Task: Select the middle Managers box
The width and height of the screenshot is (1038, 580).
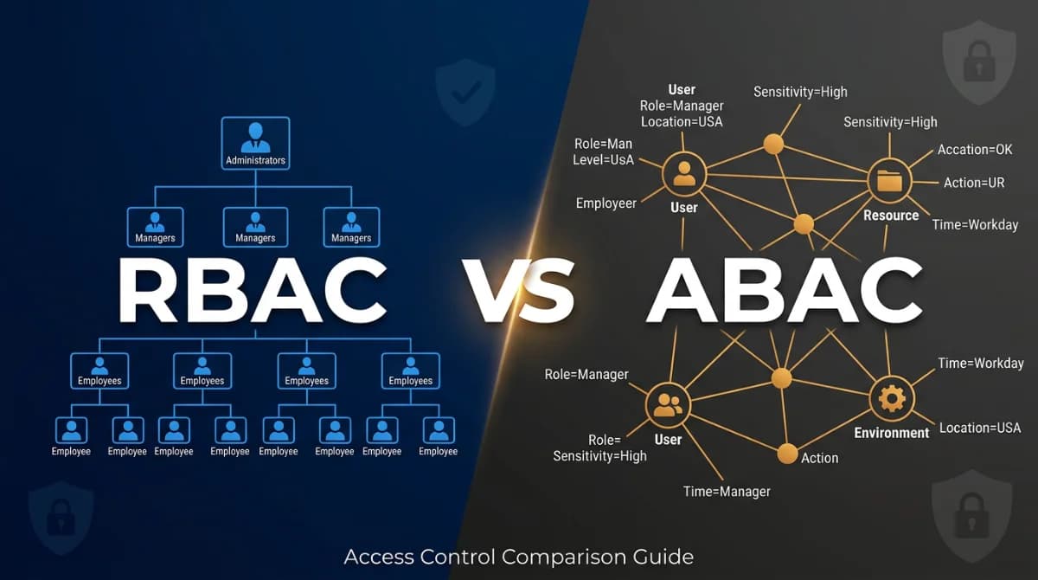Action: pos(255,227)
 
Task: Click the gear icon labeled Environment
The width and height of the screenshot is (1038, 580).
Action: pos(892,399)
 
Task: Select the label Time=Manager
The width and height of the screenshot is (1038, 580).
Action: pos(727,491)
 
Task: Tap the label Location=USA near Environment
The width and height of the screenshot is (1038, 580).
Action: pos(980,428)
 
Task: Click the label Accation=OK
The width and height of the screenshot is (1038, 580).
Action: pos(975,150)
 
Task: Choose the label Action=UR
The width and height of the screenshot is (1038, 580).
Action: pos(975,183)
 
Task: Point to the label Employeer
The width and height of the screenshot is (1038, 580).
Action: pos(606,203)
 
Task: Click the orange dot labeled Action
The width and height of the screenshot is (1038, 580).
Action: pos(787,453)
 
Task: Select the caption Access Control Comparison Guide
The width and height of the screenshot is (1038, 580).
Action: pos(519,556)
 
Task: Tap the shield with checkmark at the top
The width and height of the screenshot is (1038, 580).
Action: pos(465,92)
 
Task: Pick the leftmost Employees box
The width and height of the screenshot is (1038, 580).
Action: pos(99,371)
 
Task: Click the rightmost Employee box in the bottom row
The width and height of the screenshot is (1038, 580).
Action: pos(439,437)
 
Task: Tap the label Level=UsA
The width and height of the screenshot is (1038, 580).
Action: pos(603,160)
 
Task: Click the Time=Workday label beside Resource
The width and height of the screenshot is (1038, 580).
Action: pos(975,224)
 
